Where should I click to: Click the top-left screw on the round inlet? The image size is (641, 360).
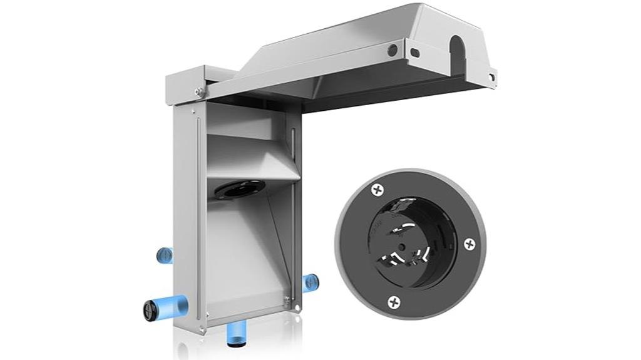[x=377, y=188]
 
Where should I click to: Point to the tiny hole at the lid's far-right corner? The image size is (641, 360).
[x=491, y=77]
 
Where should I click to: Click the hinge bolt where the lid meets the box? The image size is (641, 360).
[x=200, y=92]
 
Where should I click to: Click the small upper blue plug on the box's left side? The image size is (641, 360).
[x=165, y=254]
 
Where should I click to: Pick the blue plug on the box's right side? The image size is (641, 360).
[x=309, y=281]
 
